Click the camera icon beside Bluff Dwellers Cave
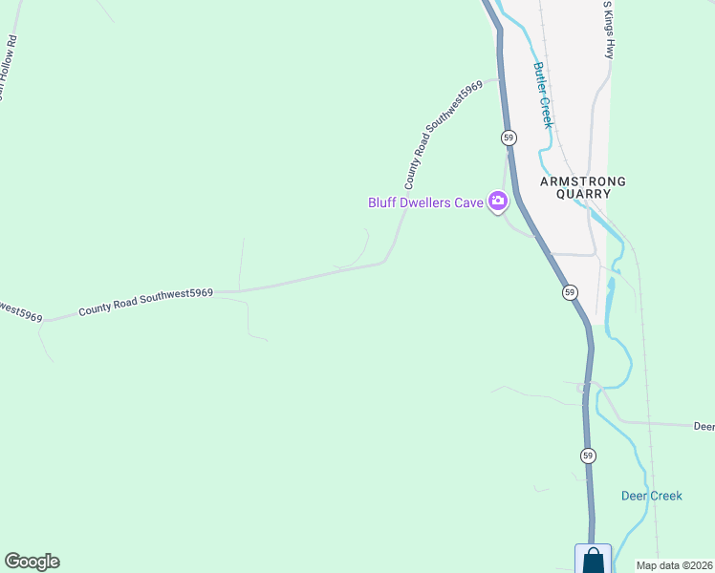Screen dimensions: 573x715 pyautogui.click(x=497, y=202)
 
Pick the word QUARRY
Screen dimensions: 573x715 pyautogui.click(x=583, y=194)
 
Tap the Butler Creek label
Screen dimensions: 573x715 pyautogui.click(x=542, y=95)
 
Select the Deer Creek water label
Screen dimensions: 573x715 pyautogui.click(x=652, y=496)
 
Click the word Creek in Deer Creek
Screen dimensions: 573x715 pyautogui.click(x=666, y=496)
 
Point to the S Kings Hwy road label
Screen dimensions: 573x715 pyautogui.click(x=608, y=29)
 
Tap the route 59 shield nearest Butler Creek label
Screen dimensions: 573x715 pyautogui.click(x=509, y=138)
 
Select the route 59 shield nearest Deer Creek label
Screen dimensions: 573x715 pyautogui.click(x=586, y=456)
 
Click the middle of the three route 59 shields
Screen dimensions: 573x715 pyautogui.click(x=570, y=291)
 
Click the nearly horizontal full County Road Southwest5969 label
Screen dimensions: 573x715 pyautogui.click(x=145, y=303)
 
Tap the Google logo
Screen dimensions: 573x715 pyautogui.click(x=32, y=562)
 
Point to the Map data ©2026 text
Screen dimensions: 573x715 pyautogui.click(x=675, y=565)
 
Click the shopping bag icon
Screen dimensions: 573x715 pyautogui.click(x=593, y=560)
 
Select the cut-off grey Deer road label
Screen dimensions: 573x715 pyautogui.click(x=704, y=426)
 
